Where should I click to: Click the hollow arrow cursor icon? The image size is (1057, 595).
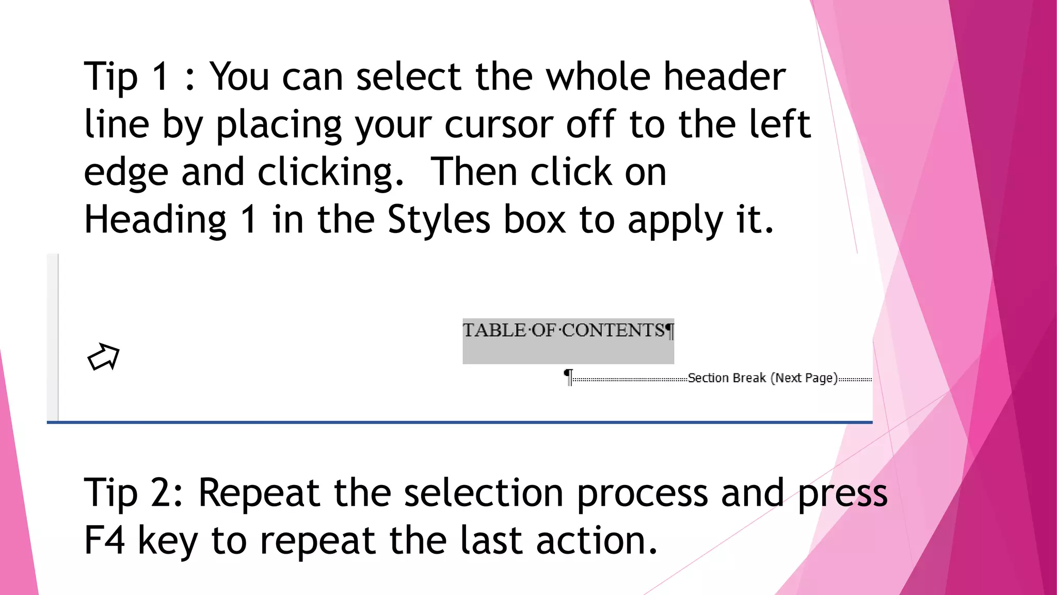tap(103, 356)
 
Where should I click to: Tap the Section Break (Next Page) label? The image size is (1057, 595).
tap(762, 378)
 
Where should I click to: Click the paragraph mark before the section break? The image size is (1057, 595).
tap(568, 377)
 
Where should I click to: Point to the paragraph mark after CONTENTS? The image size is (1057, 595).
tap(669, 331)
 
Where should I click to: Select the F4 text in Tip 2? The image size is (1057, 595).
tap(104, 540)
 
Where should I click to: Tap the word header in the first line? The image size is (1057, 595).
tap(724, 76)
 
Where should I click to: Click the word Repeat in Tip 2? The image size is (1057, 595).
tap(259, 493)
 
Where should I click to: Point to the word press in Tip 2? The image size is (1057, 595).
tap(842, 494)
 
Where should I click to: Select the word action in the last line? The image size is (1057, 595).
tap(596, 540)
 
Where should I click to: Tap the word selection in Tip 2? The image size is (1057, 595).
tap(484, 493)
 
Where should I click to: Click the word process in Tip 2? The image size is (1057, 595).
tap(642, 494)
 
